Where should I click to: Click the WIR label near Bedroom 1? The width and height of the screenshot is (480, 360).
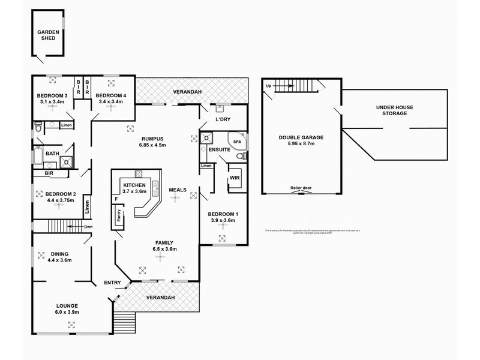pos(235,178)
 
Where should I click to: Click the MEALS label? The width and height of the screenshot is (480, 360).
pos(177,190)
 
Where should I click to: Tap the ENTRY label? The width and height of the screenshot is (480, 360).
pos(112,283)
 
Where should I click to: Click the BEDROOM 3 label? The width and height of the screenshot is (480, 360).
pos(52,95)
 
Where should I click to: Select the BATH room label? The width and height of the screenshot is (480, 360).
pos(51,154)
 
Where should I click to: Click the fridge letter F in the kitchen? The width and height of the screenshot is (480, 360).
pos(115,199)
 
